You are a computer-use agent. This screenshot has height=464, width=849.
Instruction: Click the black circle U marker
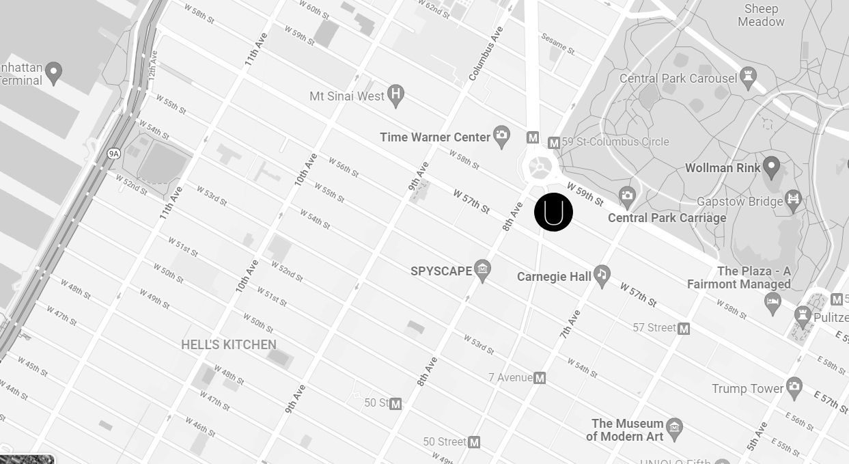click(x=553, y=212)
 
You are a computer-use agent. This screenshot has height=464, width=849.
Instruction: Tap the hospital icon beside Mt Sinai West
click(x=395, y=95)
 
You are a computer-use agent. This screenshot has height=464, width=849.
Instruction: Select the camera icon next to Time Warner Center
click(x=501, y=137)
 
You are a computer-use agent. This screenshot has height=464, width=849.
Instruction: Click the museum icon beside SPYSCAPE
click(x=483, y=270)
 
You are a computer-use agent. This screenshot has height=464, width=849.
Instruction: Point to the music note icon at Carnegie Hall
click(x=602, y=275)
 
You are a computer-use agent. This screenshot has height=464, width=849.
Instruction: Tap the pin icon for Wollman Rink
click(x=771, y=166)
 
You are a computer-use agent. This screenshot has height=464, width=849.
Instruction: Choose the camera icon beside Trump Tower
click(x=794, y=387)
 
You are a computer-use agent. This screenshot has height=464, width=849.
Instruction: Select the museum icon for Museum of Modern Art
click(x=674, y=428)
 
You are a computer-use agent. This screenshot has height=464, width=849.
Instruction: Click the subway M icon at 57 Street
click(x=684, y=329)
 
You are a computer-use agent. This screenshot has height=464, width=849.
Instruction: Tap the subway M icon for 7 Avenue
click(x=540, y=378)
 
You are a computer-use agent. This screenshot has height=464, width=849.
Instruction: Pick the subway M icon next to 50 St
click(x=395, y=404)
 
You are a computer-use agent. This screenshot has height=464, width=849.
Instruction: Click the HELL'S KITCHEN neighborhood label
click(x=229, y=344)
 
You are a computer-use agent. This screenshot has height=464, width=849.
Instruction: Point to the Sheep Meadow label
click(x=761, y=15)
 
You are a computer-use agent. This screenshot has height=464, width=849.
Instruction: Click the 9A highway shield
click(x=113, y=154)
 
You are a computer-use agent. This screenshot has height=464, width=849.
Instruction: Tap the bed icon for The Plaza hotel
click(x=773, y=303)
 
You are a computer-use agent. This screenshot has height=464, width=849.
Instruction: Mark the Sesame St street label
click(x=557, y=44)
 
